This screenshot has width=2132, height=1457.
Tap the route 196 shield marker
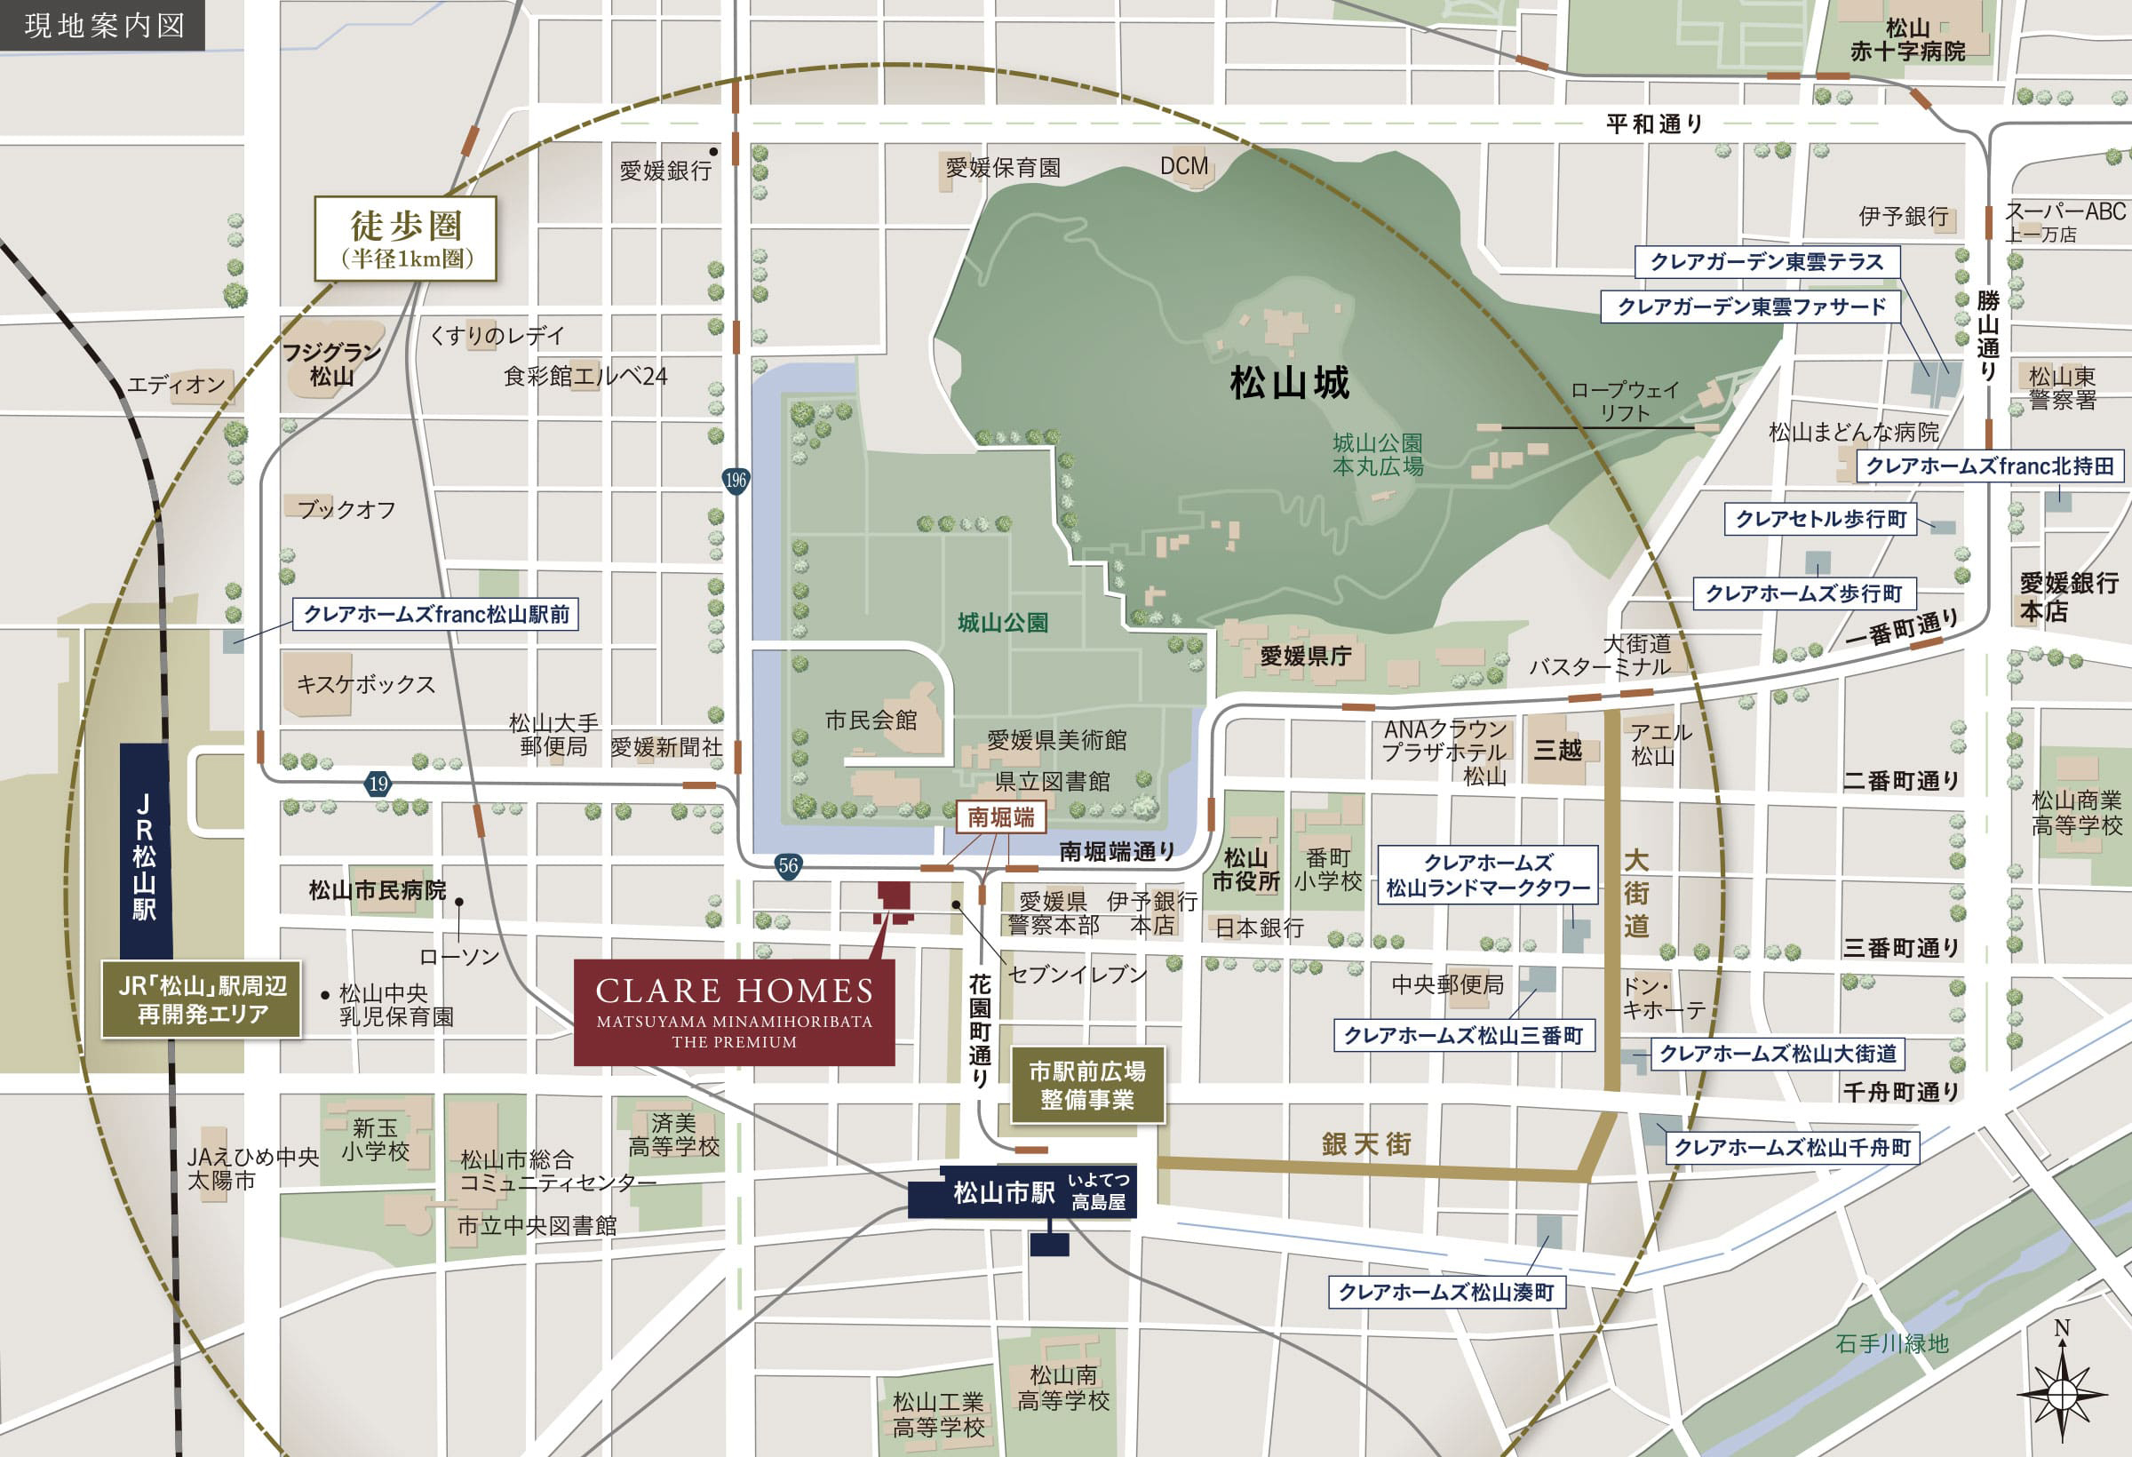click(736, 480)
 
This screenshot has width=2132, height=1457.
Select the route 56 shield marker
click(788, 865)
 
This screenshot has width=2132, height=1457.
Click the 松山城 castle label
click(1289, 383)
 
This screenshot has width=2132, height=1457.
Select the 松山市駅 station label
click(1004, 1192)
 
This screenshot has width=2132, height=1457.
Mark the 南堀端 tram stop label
click(1000, 816)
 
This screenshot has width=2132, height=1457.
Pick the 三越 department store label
click(1558, 751)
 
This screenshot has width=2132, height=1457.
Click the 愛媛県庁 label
click(1305, 656)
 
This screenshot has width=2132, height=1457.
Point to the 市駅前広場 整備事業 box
click(1087, 1086)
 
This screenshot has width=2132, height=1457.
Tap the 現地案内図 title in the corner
click(104, 25)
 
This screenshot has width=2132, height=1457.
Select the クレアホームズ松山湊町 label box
click(1446, 1292)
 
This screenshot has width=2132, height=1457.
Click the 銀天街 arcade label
click(1366, 1144)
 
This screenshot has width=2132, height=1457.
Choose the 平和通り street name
click(1654, 123)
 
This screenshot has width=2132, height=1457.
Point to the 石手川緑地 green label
click(1891, 1343)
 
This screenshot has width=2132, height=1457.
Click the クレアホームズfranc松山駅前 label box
click(436, 614)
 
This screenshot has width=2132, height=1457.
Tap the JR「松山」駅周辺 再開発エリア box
click(202, 1000)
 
